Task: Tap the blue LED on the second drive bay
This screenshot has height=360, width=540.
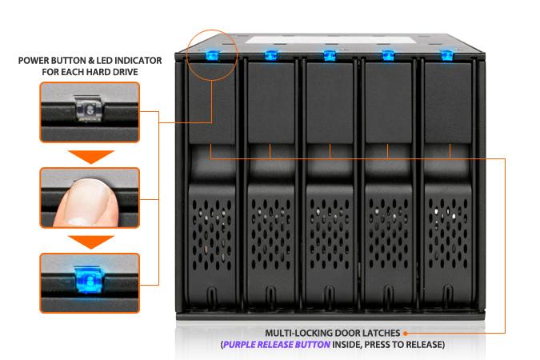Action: [270, 55]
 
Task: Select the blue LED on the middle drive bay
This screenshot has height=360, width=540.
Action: [329, 55]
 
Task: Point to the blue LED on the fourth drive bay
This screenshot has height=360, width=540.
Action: [388, 55]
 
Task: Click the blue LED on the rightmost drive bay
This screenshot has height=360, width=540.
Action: [446, 55]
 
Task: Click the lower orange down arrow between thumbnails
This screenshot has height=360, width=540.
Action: [89, 240]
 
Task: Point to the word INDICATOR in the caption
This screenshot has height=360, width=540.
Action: [138, 60]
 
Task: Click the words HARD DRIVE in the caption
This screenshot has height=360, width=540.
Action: [119, 72]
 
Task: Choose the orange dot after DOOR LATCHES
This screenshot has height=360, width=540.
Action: [406, 332]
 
